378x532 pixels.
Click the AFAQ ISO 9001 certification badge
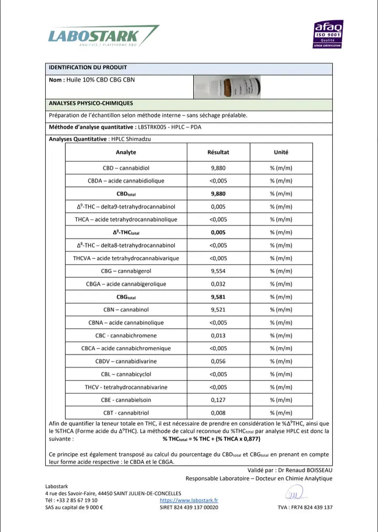(328, 35)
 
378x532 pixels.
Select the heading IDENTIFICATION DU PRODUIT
(88, 68)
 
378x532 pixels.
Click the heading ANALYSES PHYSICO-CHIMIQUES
(91, 103)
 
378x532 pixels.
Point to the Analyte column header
(126, 152)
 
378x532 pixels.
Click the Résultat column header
(218, 152)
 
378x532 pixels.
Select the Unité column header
(281, 152)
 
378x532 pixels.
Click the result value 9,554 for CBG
(218, 271)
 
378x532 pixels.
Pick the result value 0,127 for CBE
(218, 400)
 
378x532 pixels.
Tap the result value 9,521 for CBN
(218, 310)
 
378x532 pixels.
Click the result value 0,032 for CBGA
(218, 284)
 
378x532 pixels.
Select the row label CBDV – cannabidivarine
(126, 361)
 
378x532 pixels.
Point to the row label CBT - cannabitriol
(126, 413)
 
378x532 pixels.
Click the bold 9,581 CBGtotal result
(218, 297)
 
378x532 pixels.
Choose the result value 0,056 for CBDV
(218, 361)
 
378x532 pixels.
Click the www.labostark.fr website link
(188, 500)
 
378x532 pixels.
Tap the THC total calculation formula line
(211, 439)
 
